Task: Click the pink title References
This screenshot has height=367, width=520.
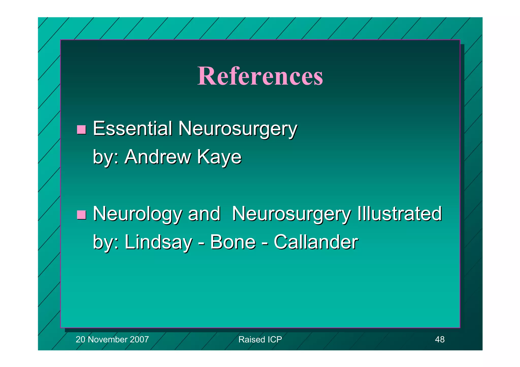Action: click(x=260, y=76)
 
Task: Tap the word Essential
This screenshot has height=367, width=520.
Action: click(x=133, y=128)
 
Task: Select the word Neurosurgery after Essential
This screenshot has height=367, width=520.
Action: click(x=237, y=129)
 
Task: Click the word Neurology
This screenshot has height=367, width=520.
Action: click(x=137, y=214)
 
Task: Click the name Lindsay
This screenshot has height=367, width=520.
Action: click(x=158, y=242)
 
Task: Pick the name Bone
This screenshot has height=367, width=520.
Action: click(x=233, y=242)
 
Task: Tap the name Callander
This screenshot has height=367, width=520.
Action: click(x=316, y=242)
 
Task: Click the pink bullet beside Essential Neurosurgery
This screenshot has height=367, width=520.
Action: click(x=81, y=130)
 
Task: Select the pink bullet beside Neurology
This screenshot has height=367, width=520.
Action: click(x=81, y=215)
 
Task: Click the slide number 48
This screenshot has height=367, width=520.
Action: click(x=440, y=339)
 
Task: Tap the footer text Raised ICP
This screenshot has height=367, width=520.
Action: click(x=260, y=339)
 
